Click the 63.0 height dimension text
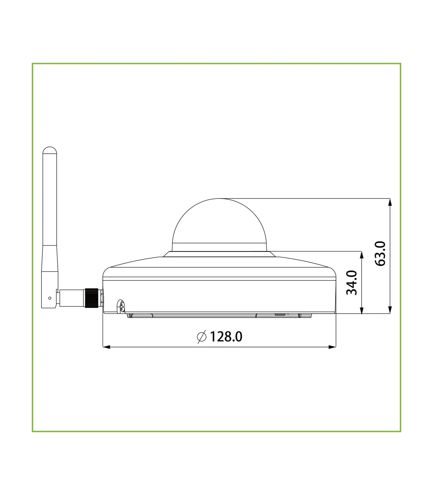380,254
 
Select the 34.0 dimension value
351,282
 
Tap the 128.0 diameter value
226,337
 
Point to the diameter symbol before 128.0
201,337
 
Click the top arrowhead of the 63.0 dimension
390,202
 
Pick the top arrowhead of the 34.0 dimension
362,255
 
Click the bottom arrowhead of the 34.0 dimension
362,310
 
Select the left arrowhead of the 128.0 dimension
107,347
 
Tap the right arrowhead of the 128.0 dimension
332,347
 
